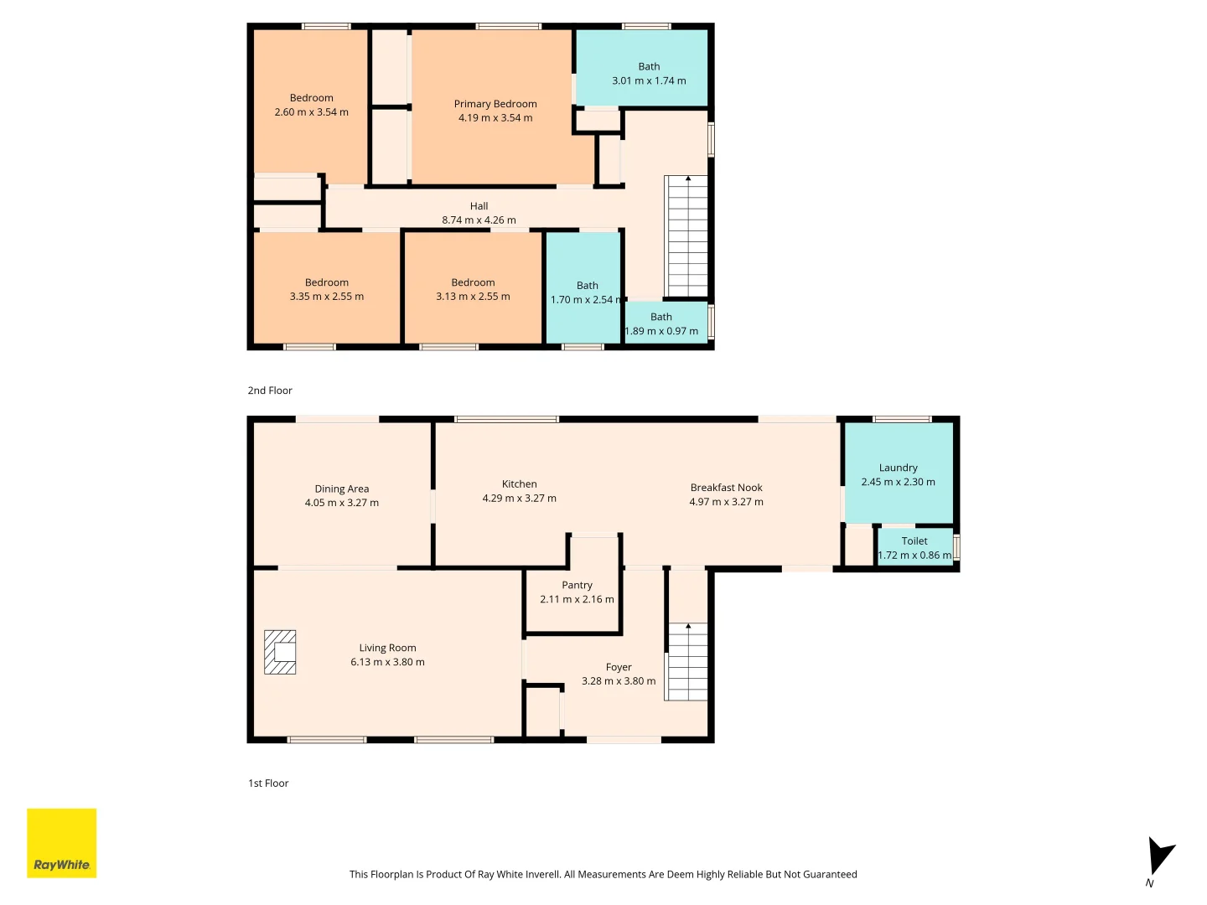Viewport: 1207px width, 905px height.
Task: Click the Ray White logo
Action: (x=61, y=842)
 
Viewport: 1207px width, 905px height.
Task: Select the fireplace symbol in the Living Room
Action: (x=280, y=652)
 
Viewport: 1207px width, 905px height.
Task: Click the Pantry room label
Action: (x=577, y=585)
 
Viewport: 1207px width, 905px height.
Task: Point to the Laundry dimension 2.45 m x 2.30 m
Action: (x=898, y=482)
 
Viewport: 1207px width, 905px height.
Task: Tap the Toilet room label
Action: (x=914, y=540)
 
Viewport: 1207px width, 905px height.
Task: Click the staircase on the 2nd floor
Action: (x=687, y=236)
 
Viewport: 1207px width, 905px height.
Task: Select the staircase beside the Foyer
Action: (x=687, y=662)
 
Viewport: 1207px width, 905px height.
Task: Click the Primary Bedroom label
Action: (x=495, y=104)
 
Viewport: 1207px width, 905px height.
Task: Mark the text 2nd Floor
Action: (x=270, y=390)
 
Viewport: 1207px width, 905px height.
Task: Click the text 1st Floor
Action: (x=268, y=783)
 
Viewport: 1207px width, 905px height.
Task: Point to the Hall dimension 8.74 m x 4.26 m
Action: (x=479, y=220)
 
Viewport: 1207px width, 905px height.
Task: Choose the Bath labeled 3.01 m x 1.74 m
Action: (x=649, y=74)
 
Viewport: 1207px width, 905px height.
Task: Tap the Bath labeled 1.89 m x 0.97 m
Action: (x=661, y=323)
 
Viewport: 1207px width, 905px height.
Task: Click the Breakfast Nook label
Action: (x=726, y=488)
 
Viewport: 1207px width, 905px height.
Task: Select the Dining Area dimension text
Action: (x=341, y=503)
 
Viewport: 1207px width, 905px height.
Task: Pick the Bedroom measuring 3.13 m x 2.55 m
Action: (x=473, y=289)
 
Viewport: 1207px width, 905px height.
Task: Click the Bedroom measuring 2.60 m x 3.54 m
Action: (x=311, y=105)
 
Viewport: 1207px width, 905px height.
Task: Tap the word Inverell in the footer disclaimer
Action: (x=541, y=874)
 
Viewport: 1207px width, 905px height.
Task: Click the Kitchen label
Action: (x=519, y=484)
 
